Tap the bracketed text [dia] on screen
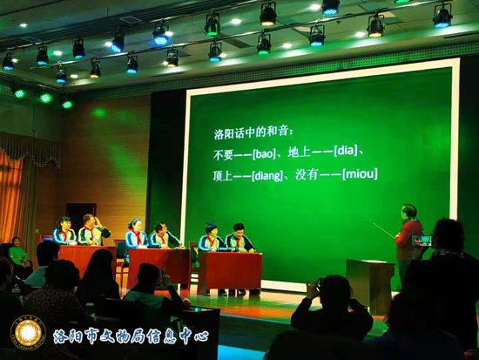click(346, 151)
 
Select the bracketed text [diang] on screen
click(267, 176)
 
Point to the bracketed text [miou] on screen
click(360, 173)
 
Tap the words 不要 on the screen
click(223, 155)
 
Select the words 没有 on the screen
click(307, 174)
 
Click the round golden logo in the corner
click(28, 332)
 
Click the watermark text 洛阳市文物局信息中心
click(131, 336)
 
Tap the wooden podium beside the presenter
click(369, 285)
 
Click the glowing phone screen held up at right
click(422, 241)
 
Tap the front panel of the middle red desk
click(158, 267)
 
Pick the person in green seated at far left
click(17, 252)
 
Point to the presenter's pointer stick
click(379, 228)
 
